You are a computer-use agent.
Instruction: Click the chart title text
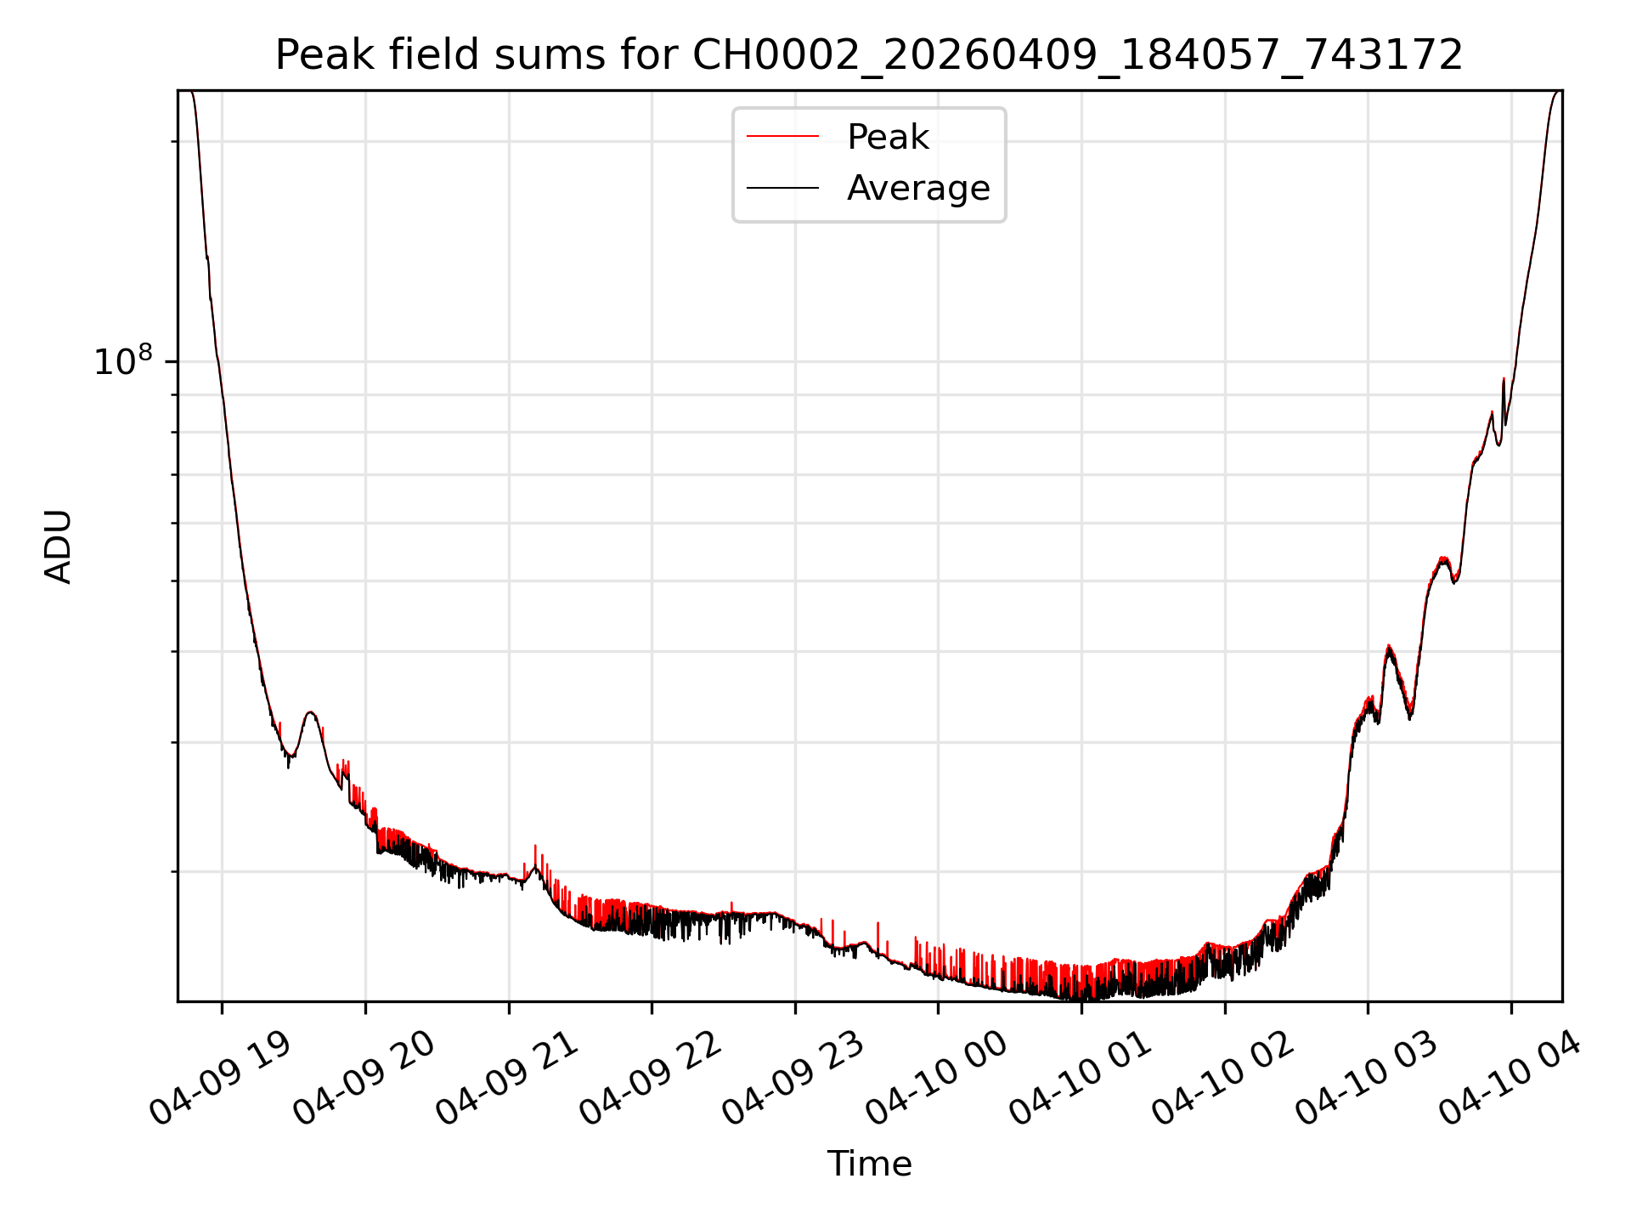click(x=869, y=55)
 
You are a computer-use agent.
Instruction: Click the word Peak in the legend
click(x=888, y=137)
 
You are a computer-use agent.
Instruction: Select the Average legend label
click(x=918, y=188)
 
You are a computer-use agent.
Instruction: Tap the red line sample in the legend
click(x=782, y=137)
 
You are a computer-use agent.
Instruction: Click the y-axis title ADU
click(x=59, y=547)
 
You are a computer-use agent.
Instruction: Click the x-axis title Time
click(x=869, y=1164)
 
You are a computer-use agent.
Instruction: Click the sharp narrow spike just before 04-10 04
click(x=1504, y=382)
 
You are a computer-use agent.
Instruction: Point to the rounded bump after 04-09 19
click(x=311, y=714)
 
